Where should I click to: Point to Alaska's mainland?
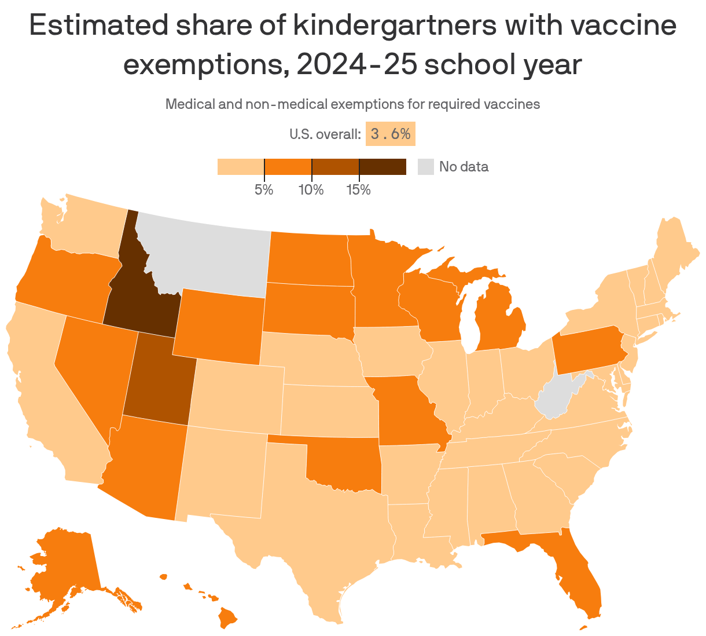coord(64,568)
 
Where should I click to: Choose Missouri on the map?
coord(405,411)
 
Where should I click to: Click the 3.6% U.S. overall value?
coord(391,134)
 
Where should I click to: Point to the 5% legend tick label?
coord(264,190)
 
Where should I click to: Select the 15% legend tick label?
coord(359,190)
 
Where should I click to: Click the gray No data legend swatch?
coord(425,167)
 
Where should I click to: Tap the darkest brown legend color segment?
coord(383,167)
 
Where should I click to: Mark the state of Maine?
coord(674,249)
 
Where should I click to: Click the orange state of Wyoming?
coord(220,324)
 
